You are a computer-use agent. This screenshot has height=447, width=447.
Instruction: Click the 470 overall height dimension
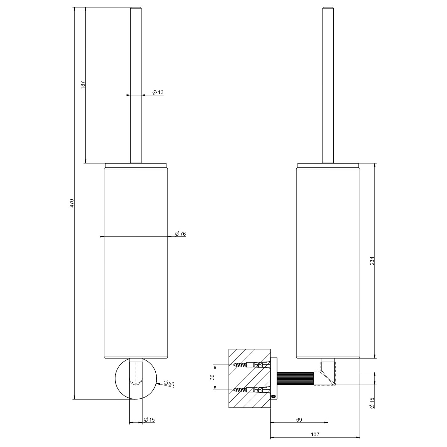[72, 203]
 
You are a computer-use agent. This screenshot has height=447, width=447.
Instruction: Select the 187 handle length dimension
[83, 85]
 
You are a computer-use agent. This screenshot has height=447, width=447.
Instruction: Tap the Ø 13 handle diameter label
[158, 92]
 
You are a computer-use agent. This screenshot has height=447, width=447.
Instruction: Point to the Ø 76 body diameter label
[180, 234]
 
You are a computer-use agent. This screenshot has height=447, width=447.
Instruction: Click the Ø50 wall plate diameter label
[169, 384]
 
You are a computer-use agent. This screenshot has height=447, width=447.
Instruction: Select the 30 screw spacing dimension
[212, 377]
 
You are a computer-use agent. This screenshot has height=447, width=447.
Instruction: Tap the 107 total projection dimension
[315, 434]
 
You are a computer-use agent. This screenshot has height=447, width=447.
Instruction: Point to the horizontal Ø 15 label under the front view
[149, 420]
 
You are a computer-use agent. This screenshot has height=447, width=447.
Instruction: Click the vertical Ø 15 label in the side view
[372, 403]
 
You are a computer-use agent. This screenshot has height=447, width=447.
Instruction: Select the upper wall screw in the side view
[252, 365]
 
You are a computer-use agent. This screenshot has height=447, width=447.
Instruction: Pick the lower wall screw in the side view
[252, 390]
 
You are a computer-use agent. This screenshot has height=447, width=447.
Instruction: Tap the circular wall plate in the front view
[136, 379]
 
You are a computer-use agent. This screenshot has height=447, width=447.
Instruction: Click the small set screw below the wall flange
[274, 396]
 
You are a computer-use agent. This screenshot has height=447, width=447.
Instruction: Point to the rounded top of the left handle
[136, 8]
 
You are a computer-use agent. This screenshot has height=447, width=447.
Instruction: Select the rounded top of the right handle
[328, 8]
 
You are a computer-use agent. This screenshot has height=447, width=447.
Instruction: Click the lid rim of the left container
[136, 165]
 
